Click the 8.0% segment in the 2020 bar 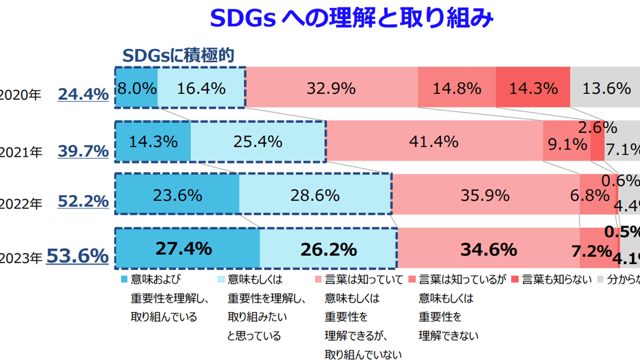[137, 88]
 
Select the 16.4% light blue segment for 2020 [201, 88]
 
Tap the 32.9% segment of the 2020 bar [331, 88]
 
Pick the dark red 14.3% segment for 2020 [533, 88]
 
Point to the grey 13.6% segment [605, 88]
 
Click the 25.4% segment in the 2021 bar [258, 142]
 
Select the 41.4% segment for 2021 [434, 142]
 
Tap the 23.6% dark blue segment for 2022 [177, 195]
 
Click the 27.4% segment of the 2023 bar [187, 249]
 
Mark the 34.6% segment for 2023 [488, 249]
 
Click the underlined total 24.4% [83, 95]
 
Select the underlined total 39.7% [83, 152]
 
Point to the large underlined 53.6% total [78, 257]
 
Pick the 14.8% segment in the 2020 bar [457, 88]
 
